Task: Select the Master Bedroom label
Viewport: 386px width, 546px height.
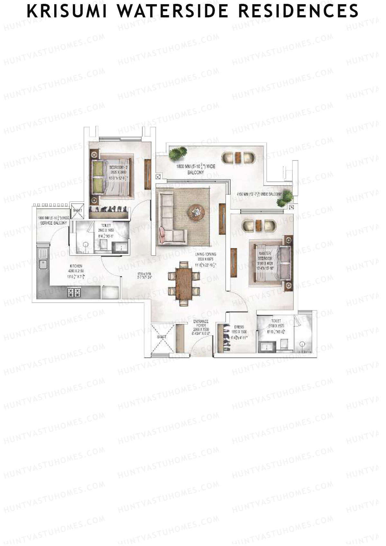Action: click(265, 256)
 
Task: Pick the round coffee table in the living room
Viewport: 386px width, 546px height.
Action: click(196, 212)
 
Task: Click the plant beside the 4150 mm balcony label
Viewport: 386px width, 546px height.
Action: click(285, 198)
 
